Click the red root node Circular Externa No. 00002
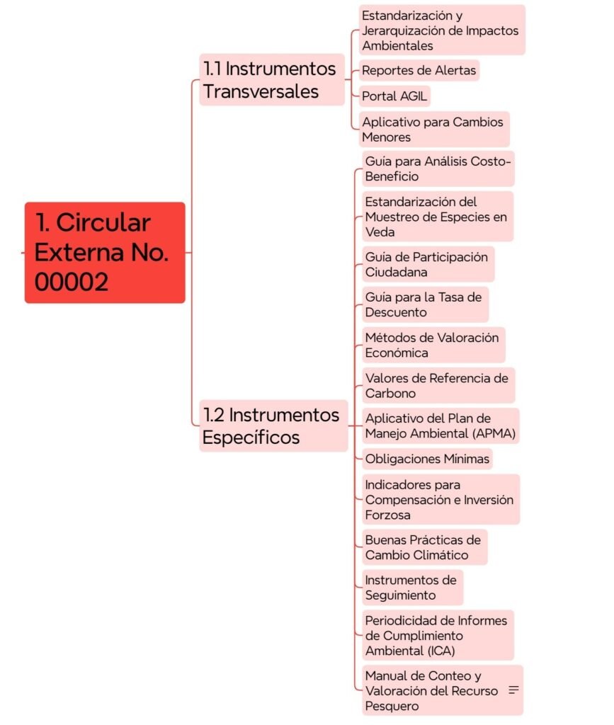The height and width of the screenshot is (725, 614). tap(105, 253)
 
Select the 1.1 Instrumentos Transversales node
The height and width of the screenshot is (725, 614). tap(272, 79)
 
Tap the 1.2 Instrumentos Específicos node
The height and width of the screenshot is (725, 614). tap(273, 426)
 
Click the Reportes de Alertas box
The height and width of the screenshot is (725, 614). tap(419, 70)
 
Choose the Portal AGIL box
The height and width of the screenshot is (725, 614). tap(394, 96)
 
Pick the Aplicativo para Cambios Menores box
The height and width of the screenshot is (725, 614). tap(434, 130)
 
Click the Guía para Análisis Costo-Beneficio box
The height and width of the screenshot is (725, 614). tap(438, 169)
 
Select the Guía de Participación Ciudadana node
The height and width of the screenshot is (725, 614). tap(428, 265)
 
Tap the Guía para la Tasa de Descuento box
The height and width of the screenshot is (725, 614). tap(426, 304)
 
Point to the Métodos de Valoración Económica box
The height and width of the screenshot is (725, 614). tap(433, 345)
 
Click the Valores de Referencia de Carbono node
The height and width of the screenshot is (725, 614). tap(438, 386)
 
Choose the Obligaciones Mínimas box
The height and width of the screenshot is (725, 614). tap(427, 459)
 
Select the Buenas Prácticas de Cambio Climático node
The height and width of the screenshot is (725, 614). tap(425, 547)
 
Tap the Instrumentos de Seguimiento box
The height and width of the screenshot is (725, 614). tap(412, 588)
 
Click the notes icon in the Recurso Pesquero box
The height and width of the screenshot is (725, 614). tap(513, 690)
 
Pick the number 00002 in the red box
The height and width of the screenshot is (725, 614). tap(72, 282)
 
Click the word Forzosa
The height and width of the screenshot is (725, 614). tap(387, 515)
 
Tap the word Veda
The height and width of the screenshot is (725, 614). tap(380, 232)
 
